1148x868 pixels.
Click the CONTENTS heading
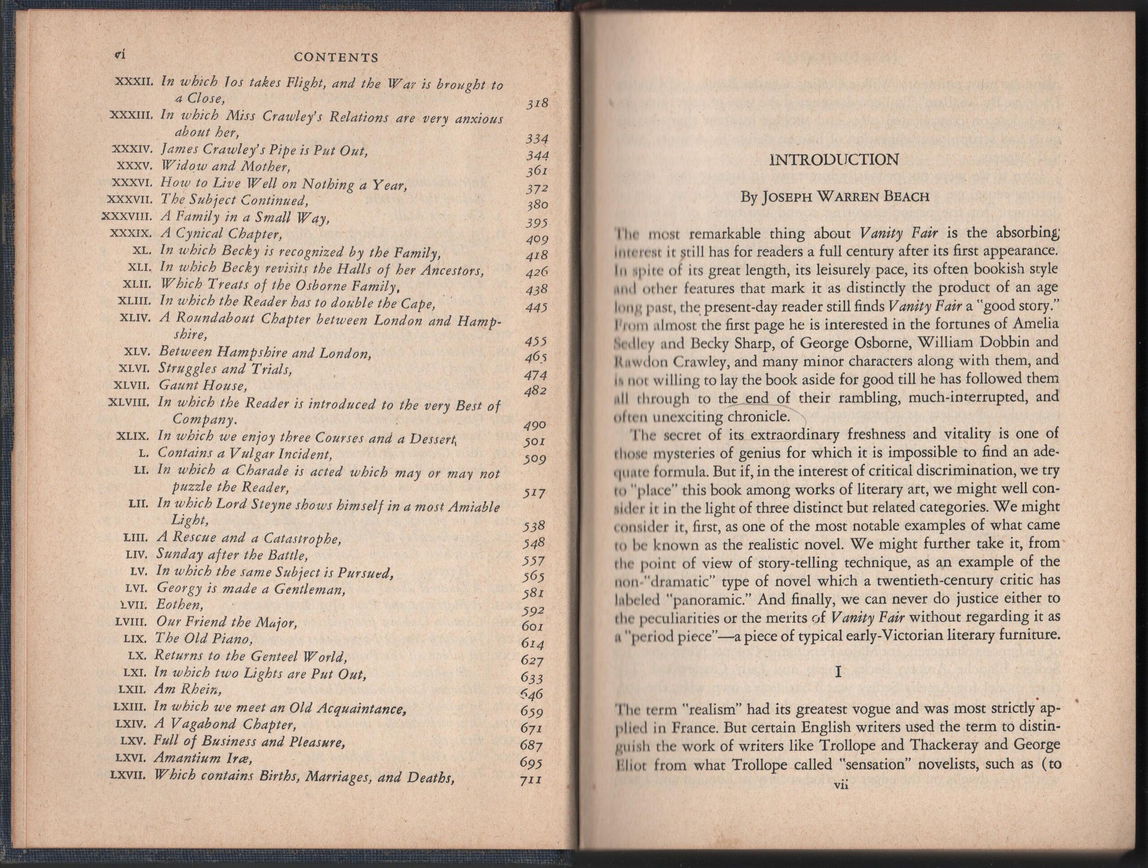point(336,57)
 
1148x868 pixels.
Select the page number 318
point(537,104)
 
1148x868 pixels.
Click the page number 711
point(531,779)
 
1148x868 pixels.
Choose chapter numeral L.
point(145,453)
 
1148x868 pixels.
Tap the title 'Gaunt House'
point(202,386)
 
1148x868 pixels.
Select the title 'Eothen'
point(179,605)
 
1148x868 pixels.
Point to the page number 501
point(535,442)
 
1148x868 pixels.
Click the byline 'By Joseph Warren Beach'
point(834,197)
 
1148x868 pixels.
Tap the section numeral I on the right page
point(838,673)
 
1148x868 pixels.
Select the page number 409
point(537,239)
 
